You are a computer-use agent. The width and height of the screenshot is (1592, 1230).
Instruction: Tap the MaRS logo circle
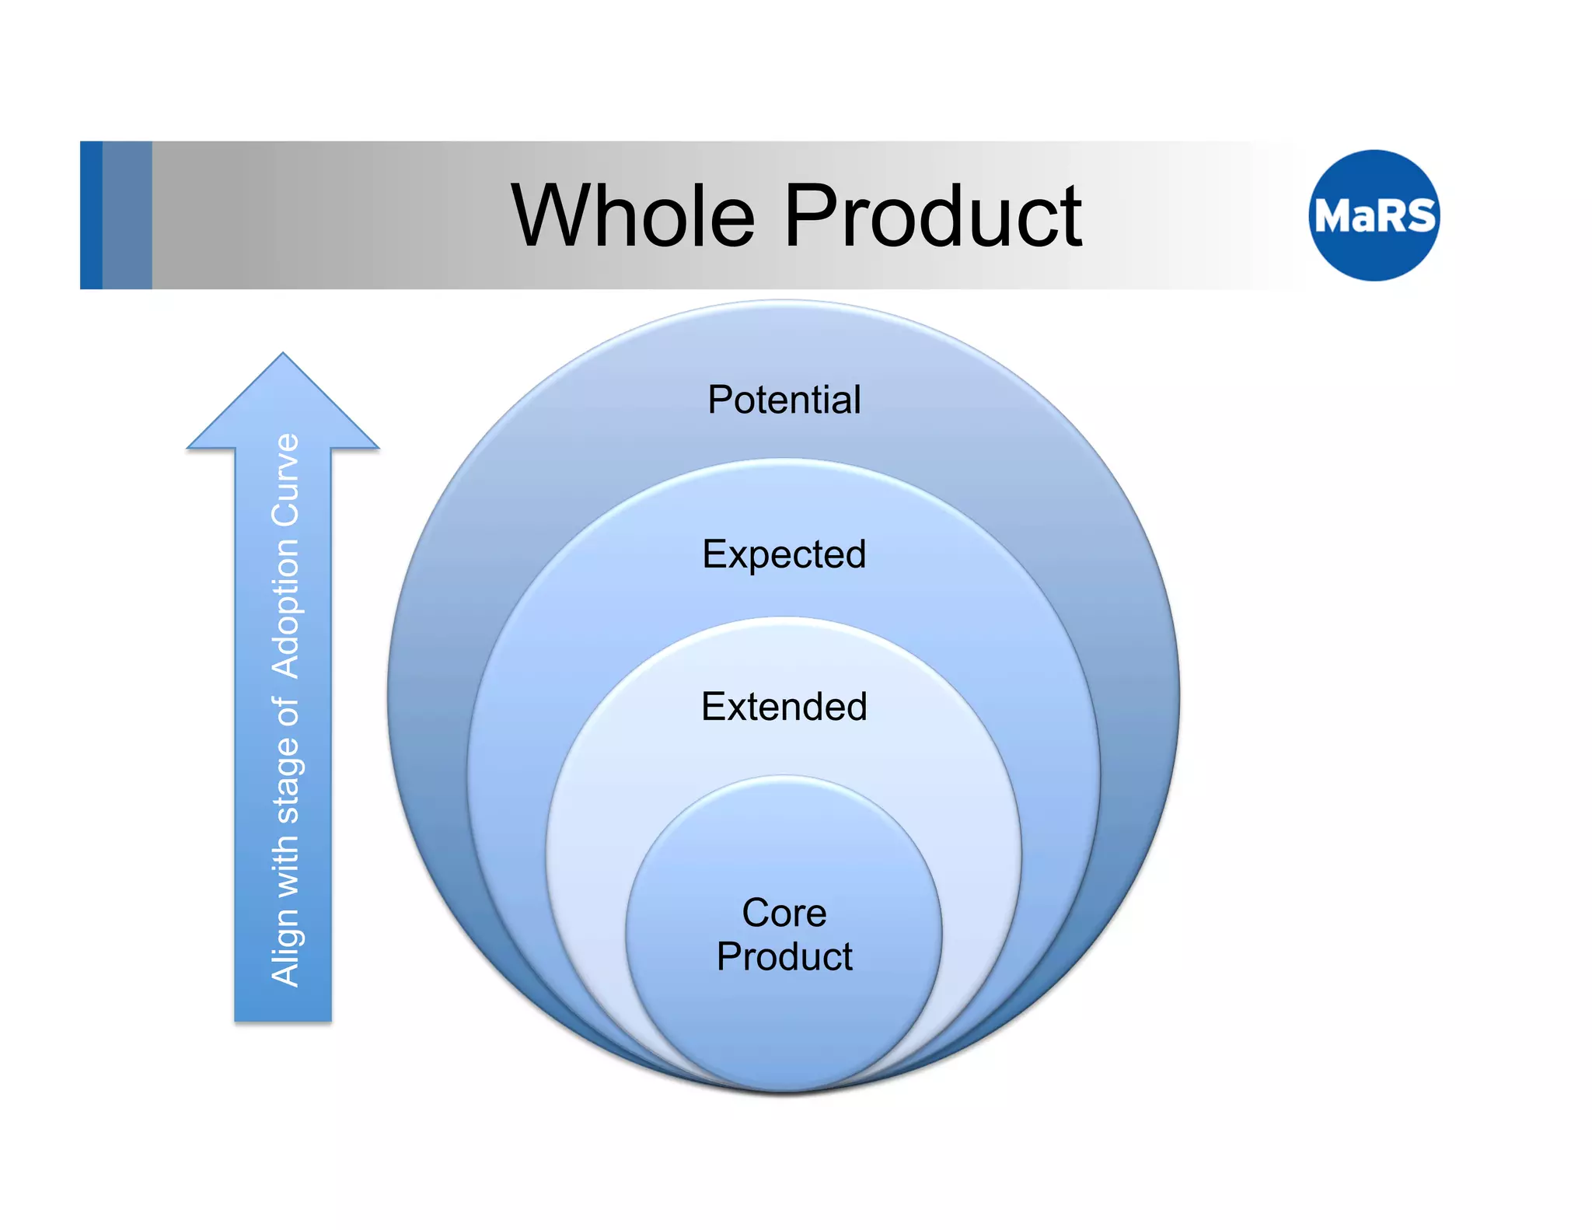(x=1374, y=215)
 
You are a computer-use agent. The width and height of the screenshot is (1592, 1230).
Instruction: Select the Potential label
(x=784, y=400)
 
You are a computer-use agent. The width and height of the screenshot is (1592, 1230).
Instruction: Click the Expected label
(x=784, y=555)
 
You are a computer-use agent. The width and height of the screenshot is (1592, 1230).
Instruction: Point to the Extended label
(x=784, y=707)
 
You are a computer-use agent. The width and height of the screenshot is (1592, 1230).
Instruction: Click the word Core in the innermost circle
(x=784, y=913)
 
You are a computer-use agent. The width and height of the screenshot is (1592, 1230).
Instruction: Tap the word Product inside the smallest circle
(x=784, y=956)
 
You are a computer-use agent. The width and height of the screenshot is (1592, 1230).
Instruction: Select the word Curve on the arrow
(x=285, y=479)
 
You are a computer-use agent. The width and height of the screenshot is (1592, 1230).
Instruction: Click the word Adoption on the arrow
(x=285, y=608)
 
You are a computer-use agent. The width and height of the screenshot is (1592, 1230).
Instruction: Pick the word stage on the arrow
(x=285, y=780)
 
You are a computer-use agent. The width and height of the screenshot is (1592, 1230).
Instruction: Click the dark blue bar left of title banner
(x=91, y=215)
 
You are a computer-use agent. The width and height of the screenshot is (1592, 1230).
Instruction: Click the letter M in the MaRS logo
(x=1332, y=215)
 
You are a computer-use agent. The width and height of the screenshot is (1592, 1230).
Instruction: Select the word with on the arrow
(x=285, y=865)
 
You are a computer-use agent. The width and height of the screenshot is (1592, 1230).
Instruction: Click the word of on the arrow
(x=285, y=713)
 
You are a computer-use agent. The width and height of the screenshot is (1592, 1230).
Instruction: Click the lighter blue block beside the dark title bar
(x=127, y=215)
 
